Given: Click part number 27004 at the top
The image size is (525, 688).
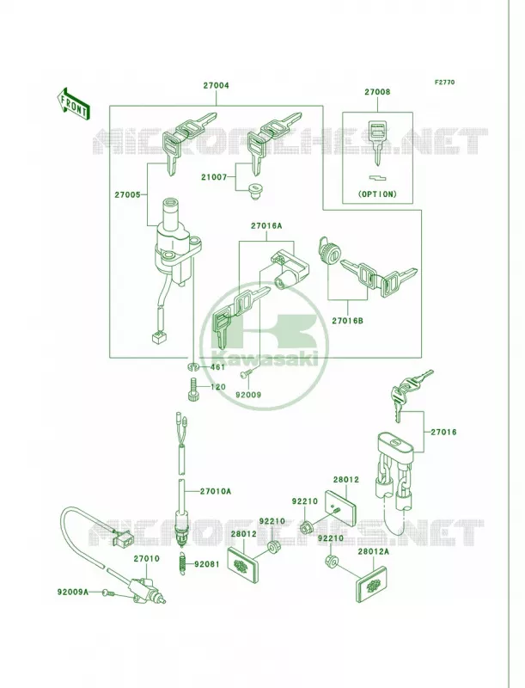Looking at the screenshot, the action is pos(216,85).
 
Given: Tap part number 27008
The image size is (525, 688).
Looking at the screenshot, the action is pos(377,92).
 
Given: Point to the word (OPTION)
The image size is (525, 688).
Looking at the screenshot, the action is pos(377,194).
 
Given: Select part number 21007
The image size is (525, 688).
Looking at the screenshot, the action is pos(214,177).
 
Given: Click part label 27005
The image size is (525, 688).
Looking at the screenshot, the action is pos(127,195).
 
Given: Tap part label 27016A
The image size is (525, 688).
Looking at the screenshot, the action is pos(266,226).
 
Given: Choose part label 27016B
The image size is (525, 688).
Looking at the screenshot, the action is pos(347,321).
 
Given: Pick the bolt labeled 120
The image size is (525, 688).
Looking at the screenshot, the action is pos(193,390).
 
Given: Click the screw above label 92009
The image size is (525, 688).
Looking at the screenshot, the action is pos(246,375).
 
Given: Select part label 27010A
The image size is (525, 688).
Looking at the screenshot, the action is pos(216,491).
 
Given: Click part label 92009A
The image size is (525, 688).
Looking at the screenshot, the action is pos(73,592).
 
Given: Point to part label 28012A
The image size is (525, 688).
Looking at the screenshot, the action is pos(373,552).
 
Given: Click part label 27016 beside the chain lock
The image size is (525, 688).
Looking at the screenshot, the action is pos(443,433).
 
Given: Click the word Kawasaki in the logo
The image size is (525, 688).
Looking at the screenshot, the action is pos(265,359).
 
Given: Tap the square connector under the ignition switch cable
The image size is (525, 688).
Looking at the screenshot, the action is pos(160,337).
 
